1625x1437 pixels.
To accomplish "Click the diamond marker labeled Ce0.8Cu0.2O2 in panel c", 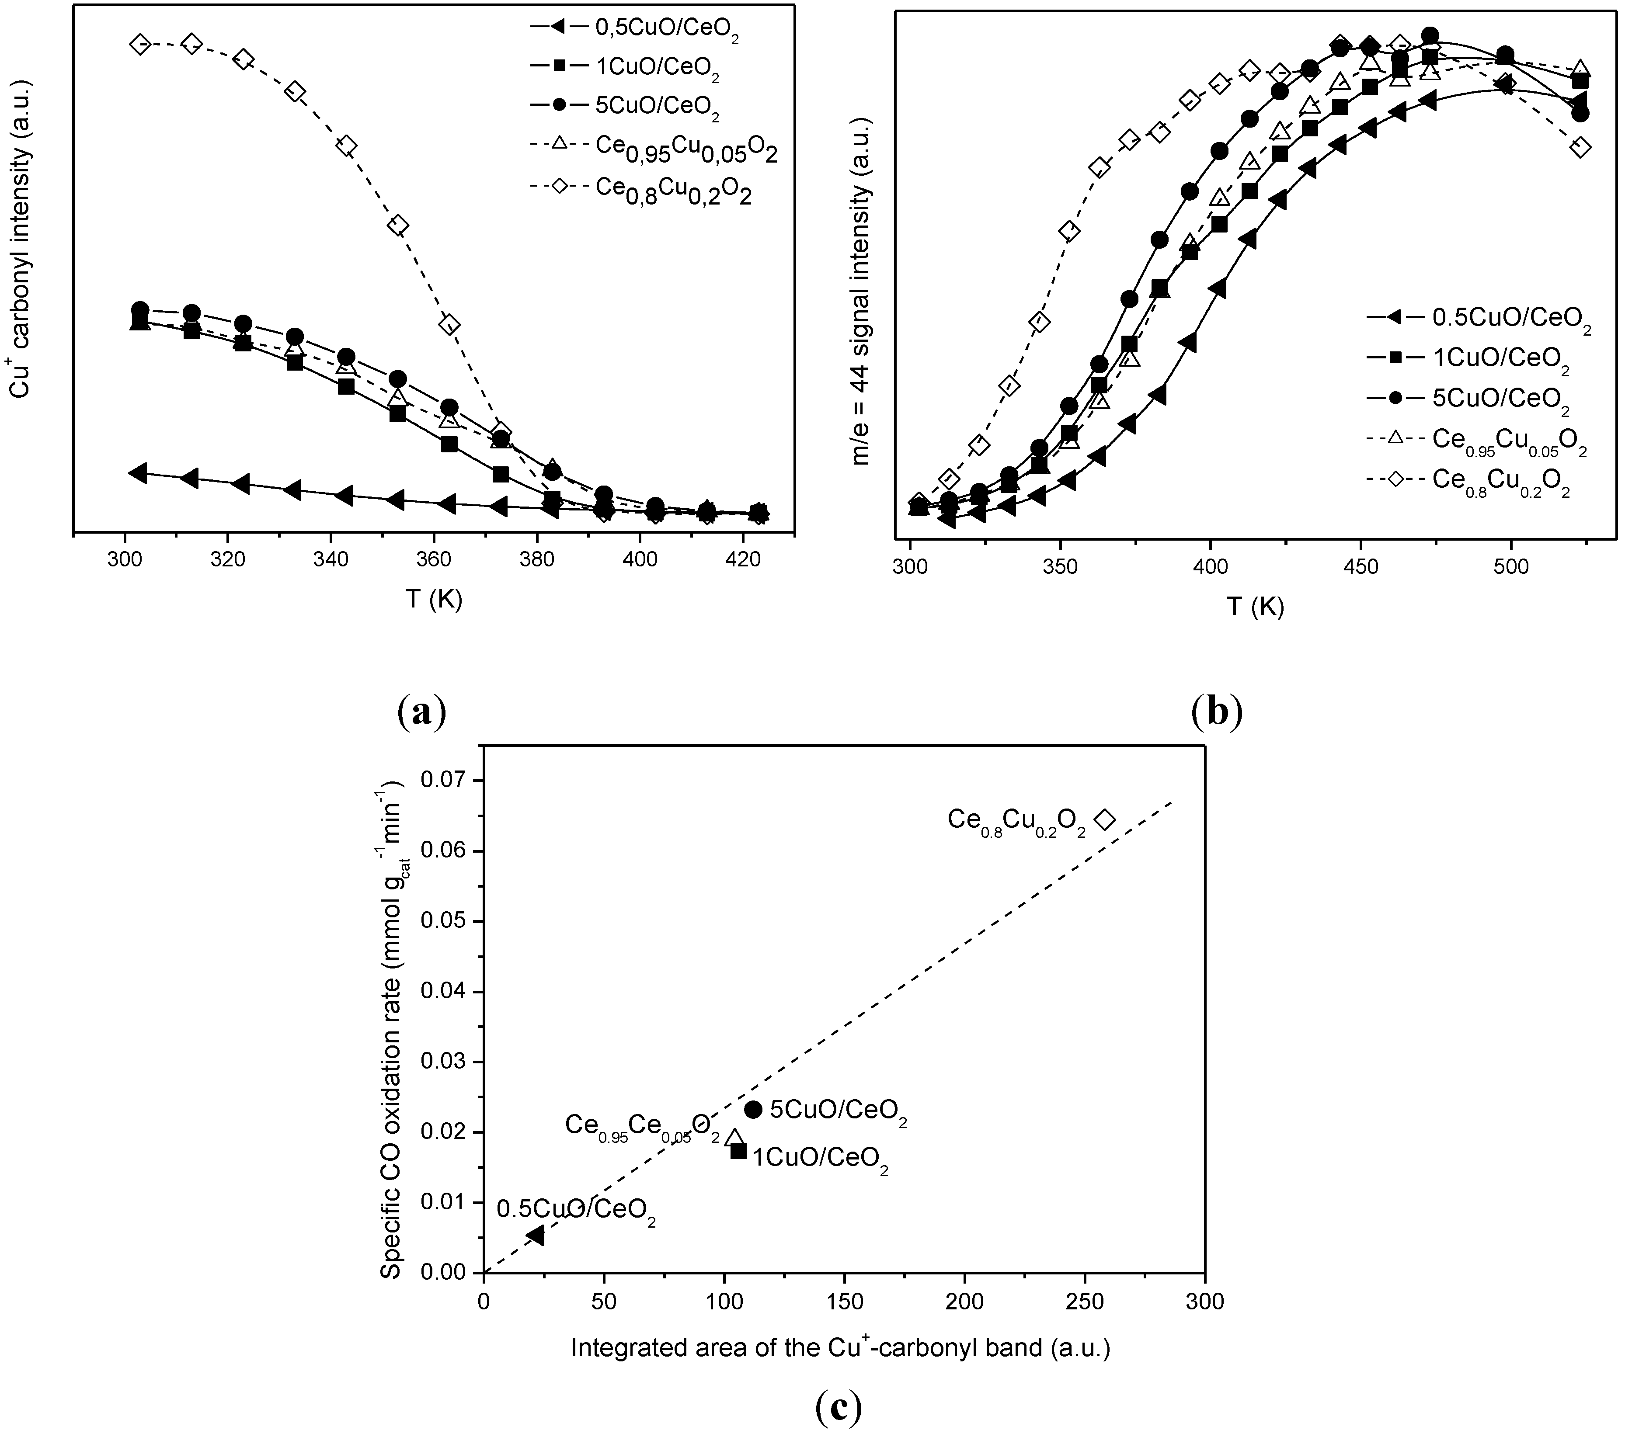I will point(1105,819).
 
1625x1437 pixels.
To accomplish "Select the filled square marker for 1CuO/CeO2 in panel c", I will point(738,1150).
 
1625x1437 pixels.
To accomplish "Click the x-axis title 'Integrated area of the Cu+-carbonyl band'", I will point(839,1348).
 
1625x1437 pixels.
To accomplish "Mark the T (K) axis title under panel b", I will point(1255,607).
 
